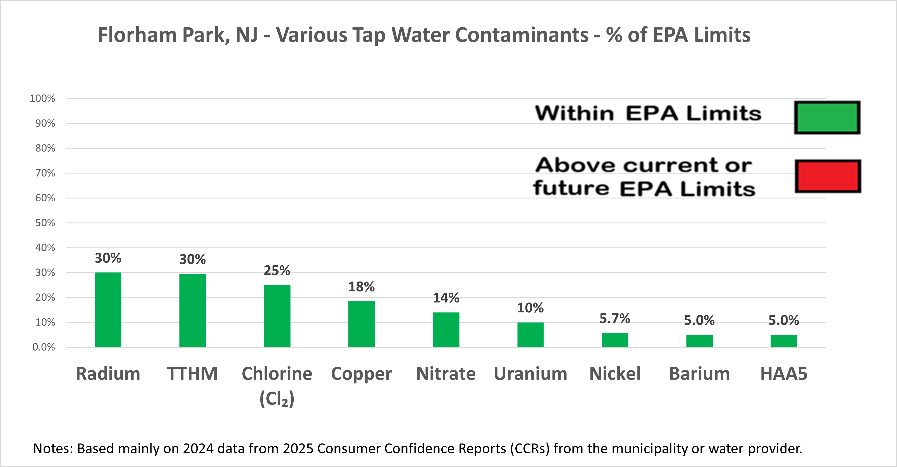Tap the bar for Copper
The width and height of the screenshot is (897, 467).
362,324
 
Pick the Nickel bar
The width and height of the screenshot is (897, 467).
615,340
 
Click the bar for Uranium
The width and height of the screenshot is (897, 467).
530,334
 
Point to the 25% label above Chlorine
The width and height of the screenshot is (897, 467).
277,271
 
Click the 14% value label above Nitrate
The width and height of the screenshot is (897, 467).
446,298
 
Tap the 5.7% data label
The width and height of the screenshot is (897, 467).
614,319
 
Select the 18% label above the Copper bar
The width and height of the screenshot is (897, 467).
362,287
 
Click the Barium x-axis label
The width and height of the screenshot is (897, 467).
699,374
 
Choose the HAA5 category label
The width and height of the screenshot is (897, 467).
783,374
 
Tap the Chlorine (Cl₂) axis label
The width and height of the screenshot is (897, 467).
277,386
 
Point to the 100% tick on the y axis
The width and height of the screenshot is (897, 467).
42,99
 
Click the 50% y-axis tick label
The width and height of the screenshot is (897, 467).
45,223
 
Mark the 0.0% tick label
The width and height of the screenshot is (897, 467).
44,347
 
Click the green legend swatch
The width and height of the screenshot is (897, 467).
827,118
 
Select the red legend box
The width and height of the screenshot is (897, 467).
828,176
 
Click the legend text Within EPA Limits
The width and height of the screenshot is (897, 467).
648,113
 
